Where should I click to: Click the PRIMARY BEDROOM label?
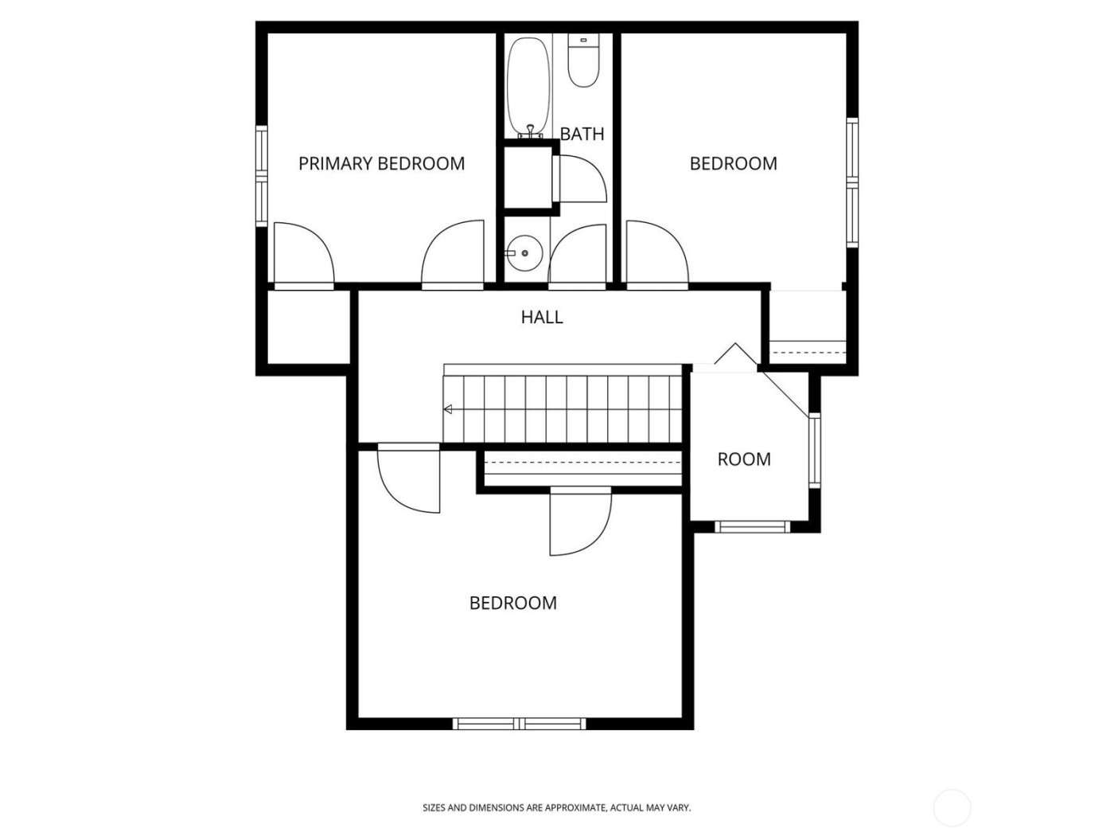click(x=381, y=163)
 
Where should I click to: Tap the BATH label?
click(x=582, y=134)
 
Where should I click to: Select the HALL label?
click(x=542, y=317)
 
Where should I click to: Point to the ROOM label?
click(x=744, y=459)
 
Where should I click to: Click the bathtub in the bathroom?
click(x=528, y=86)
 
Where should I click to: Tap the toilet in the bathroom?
click(x=583, y=63)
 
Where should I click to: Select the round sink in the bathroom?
click(x=524, y=253)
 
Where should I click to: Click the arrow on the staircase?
click(x=448, y=409)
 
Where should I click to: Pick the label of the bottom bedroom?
click(x=513, y=603)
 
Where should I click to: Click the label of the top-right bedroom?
click(x=733, y=163)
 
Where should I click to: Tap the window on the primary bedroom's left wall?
click(x=260, y=175)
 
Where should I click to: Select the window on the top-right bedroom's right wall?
click(x=852, y=182)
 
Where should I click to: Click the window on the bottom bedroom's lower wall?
click(x=519, y=724)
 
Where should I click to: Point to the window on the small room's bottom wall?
click(x=751, y=526)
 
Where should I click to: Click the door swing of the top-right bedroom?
click(x=656, y=253)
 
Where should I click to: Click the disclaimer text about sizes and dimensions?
click(x=556, y=807)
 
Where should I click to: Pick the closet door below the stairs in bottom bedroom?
click(x=579, y=522)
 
